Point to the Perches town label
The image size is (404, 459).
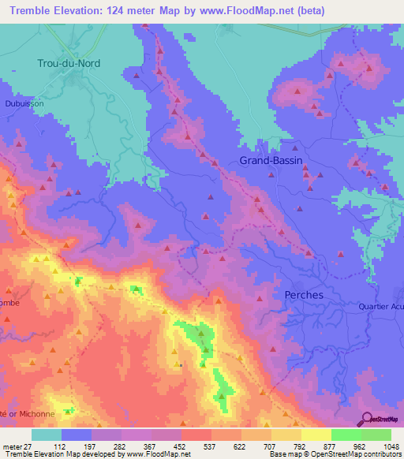click(x=303, y=294)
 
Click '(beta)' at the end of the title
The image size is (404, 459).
click(x=287, y=10)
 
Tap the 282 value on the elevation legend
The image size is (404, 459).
click(x=122, y=446)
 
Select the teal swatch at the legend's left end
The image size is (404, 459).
click(x=47, y=435)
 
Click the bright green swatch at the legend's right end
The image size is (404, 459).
click(x=376, y=435)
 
